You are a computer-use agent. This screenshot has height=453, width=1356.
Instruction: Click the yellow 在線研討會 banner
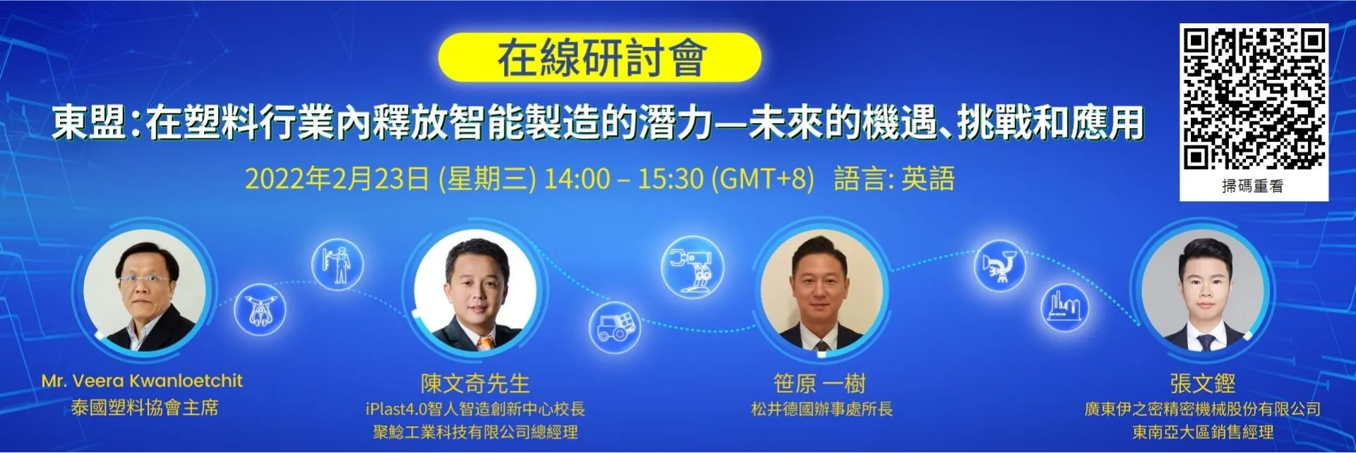click(599, 57)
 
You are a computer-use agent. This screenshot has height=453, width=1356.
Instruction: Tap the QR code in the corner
click(1254, 98)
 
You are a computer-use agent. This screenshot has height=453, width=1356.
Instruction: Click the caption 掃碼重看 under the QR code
click(1253, 186)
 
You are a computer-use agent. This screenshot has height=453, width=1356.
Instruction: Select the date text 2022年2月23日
click(337, 179)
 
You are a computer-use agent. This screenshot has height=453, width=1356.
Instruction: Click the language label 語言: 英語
click(894, 179)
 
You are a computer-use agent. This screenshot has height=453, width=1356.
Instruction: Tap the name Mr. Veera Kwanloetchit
click(142, 381)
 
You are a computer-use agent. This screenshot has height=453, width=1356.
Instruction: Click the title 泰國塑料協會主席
click(145, 408)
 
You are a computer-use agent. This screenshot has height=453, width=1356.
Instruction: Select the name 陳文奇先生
click(475, 384)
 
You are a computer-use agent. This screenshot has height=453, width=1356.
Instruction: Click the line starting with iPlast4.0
click(475, 409)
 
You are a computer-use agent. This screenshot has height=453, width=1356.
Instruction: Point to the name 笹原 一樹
click(820, 384)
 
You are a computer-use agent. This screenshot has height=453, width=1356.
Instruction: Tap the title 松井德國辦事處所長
click(822, 409)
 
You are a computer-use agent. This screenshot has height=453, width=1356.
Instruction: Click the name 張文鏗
click(1203, 384)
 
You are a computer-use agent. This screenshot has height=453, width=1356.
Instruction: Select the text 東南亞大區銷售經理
click(1203, 432)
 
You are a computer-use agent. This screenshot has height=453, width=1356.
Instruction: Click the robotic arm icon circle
click(692, 267)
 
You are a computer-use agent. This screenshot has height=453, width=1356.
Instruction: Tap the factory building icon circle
click(1064, 308)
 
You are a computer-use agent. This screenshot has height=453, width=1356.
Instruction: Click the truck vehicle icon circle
click(615, 327)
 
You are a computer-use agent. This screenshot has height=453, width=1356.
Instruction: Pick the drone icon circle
click(260, 310)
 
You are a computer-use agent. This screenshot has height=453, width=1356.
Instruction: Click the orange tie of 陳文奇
click(484, 343)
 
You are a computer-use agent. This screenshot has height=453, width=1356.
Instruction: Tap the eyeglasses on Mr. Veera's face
click(145, 279)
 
